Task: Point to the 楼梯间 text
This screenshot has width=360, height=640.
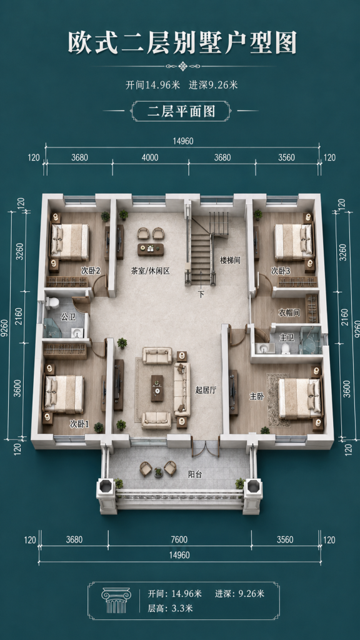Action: tap(230, 260)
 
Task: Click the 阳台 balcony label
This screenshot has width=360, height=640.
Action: tap(194, 474)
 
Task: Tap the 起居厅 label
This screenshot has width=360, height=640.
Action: tap(206, 391)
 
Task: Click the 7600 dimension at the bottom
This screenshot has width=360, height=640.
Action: tap(179, 539)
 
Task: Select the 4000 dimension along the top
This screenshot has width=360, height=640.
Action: tap(150, 157)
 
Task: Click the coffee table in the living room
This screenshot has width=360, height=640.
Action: tap(157, 387)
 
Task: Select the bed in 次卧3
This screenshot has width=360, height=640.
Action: tap(294, 242)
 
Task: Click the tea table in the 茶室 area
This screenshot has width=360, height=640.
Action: tap(150, 249)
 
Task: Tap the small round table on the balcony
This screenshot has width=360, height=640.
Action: tap(158, 472)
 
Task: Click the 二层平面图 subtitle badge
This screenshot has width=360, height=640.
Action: tap(181, 111)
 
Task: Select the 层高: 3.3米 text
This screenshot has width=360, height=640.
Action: tap(170, 608)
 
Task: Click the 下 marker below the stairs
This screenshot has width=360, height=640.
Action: tap(201, 294)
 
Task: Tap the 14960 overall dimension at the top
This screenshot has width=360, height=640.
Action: tap(183, 141)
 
